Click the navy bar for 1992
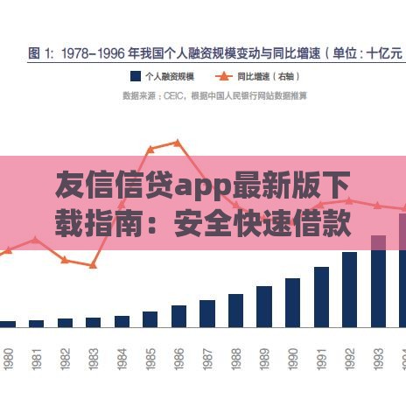349,290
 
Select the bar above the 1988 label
235,311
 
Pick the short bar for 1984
122,321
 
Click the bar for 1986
178,316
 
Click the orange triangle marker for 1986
178,142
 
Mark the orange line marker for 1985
150,149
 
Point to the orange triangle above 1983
93,265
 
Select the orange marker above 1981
35,238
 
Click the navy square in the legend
136,75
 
